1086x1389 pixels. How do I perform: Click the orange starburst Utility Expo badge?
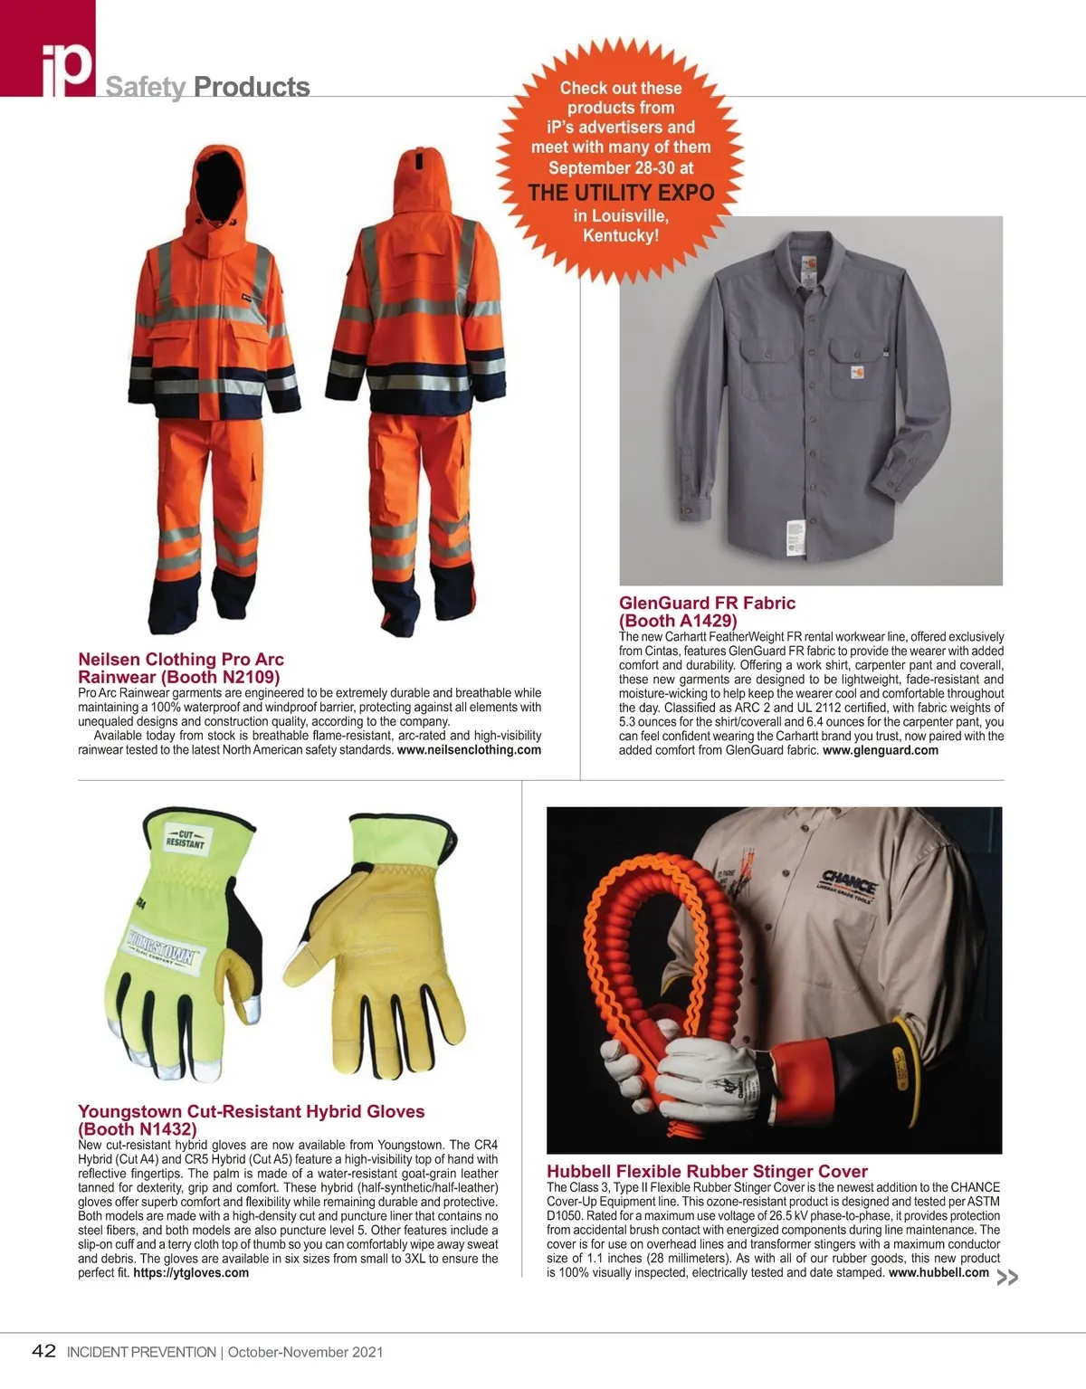pyautogui.click(x=621, y=161)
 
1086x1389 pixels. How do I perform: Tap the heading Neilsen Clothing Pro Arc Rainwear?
pyautogui.click(x=180, y=668)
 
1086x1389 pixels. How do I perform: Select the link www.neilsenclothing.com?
pyautogui.click(x=469, y=750)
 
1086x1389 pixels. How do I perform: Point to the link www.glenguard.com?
pyautogui.click(x=880, y=750)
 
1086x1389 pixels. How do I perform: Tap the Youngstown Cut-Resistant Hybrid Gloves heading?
pyautogui.click(x=251, y=1120)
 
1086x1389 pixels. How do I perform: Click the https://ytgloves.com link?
pyautogui.click(x=191, y=1273)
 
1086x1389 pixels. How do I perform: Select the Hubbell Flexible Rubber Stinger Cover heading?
pyautogui.click(x=707, y=1171)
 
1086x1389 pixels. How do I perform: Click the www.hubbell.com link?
pyautogui.click(x=938, y=1273)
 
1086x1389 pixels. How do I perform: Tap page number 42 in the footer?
pyautogui.click(x=43, y=1352)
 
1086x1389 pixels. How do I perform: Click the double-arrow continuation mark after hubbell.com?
pyautogui.click(x=1006, y=1278)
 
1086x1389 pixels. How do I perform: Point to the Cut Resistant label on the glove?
pyautogui.click(x=185, y=837)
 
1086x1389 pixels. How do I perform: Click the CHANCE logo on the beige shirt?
pyautogui.click(x=848, y=880)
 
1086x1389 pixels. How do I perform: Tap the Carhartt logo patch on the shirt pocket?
pyautogui.click(x=855, y=371)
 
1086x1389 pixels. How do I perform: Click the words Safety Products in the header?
pyautogui.click(x=207, y=87)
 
